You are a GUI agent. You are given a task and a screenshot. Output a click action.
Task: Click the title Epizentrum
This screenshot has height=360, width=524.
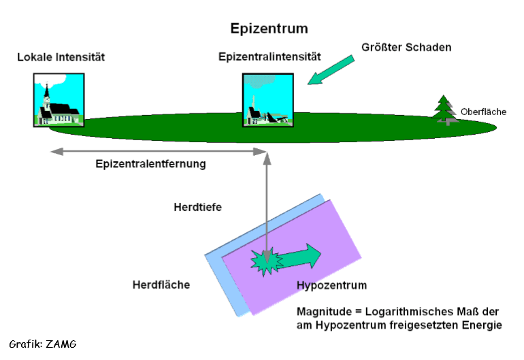269,29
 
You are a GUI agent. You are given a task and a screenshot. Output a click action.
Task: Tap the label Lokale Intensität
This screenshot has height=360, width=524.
61,57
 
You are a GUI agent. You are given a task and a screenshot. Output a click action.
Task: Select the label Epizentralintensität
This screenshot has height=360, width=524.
269,57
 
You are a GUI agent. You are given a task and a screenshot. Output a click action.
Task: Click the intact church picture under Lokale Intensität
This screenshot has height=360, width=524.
59,101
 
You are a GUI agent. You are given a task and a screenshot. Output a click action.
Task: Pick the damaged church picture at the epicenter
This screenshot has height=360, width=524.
268,101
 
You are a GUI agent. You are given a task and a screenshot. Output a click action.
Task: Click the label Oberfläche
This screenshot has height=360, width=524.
483,112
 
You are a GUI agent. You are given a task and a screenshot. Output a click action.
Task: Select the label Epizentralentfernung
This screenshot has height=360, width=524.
150,164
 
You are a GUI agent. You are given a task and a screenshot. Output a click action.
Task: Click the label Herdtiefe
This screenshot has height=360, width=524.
198,207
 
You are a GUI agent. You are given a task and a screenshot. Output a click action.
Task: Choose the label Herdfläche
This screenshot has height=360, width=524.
161,284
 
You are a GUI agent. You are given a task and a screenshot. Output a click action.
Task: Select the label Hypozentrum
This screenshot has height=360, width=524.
331,284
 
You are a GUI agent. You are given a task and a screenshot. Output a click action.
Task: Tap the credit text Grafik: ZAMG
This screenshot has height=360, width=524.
43,344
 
